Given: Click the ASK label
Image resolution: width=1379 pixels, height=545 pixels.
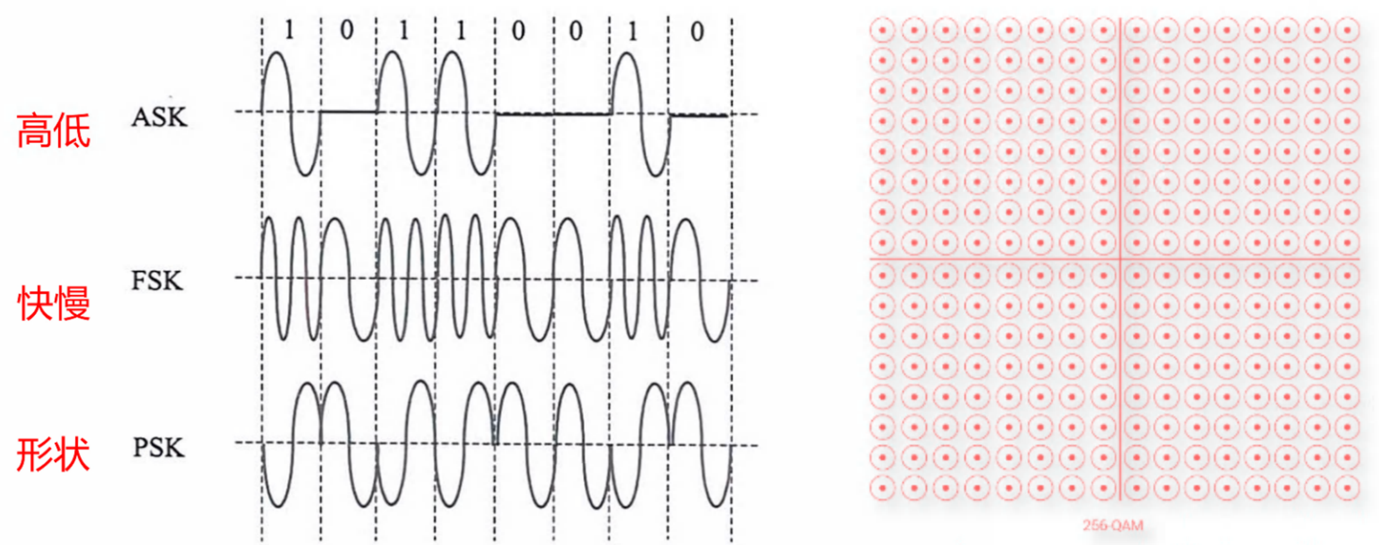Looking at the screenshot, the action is [x=160, y=117].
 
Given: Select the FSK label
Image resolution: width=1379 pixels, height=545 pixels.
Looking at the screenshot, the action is [x=157, y=281].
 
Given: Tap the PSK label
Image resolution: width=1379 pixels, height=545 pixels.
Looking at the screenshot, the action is [x=158, y=448].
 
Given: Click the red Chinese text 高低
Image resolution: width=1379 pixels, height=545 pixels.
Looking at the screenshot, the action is [x=54, y=131].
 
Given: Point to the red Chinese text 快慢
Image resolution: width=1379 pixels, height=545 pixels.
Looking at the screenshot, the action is [x=54, y=303].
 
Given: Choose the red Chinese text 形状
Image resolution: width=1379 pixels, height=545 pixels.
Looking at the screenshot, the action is [x=53, y=455].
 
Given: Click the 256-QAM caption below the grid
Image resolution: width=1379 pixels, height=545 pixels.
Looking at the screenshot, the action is [x=1113, y=525].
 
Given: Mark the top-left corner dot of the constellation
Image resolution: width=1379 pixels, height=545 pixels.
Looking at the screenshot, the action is [x=882, y=30].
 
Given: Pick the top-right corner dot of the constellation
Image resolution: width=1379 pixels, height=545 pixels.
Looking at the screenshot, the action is [x=1347, y=30].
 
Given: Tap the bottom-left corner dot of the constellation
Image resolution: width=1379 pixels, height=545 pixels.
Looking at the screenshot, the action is [x=882, y=488].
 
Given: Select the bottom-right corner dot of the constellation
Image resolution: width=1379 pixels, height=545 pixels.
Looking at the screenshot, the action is [x=1347, y=488].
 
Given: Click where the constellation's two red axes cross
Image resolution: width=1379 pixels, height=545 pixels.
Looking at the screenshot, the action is [x=1120, y=259].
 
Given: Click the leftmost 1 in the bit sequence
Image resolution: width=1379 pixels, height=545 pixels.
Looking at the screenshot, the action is [x=289, y=30].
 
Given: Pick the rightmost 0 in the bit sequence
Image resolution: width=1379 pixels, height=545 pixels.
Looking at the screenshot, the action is [x=697, y=32].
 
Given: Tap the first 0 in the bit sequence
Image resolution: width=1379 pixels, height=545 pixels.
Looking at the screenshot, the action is [x=347, y=30].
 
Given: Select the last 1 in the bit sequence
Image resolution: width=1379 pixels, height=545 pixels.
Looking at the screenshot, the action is [x=632, y=31].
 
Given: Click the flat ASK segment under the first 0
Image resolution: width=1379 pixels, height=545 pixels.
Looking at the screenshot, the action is [x=348, y=111].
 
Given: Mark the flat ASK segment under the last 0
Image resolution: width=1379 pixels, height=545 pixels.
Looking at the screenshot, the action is [x=699, y=115].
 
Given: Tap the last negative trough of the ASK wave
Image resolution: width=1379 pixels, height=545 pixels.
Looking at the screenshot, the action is [x=655, y=175].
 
